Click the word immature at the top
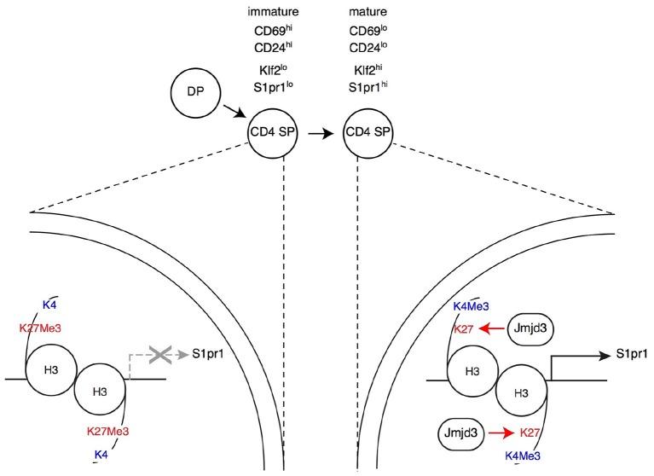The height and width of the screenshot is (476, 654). coord(273,11)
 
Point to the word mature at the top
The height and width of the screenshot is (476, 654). coord(368,11)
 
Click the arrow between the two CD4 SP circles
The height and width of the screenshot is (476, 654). coord(321,133)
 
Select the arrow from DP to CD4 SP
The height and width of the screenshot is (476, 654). coord(234,112)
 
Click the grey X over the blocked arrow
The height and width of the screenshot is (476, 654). coord(159,355)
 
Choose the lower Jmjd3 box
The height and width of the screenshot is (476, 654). coord(461,434)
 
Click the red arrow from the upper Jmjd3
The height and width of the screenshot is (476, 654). coord(492,328)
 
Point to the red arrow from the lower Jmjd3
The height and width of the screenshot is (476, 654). coord(501,434)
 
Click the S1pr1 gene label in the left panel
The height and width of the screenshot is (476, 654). coord(208,354)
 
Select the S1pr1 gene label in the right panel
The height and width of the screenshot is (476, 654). coord(632,355)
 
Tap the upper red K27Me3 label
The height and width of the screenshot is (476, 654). coord(40,328)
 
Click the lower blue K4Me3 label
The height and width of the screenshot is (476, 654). coord(523,456)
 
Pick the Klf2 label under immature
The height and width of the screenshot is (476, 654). coord(273,69)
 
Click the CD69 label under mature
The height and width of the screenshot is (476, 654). coord(368,31)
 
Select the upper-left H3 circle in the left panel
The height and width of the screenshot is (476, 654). coord(51,369)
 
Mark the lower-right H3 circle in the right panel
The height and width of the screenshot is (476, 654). coord(521,393)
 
